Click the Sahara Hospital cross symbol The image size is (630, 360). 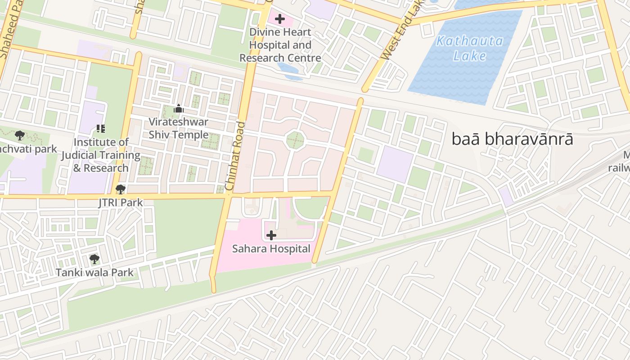click(271, 235)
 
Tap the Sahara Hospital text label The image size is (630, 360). click(271, 248)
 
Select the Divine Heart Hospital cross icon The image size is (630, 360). click(280, 19)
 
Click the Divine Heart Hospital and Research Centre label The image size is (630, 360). click(280, 45)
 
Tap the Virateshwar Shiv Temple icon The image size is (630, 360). click(179, 108)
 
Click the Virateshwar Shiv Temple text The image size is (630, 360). click(179, 128)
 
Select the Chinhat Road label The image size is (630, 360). click(235, 155)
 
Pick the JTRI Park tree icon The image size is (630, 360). click(120, 189)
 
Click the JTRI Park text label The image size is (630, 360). click(121, 202)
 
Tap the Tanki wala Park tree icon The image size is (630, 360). click(94, 259)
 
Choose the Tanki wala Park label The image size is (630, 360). click(94, 272)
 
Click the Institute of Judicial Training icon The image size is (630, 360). click(101, 129)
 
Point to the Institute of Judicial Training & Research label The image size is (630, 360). click(101, 155)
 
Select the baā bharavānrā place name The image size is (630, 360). click(512, 139)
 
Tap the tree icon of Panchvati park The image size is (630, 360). click(19, 135)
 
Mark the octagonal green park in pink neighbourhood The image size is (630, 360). click(295, 140)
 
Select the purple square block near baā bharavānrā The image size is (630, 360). click(395, 164)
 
